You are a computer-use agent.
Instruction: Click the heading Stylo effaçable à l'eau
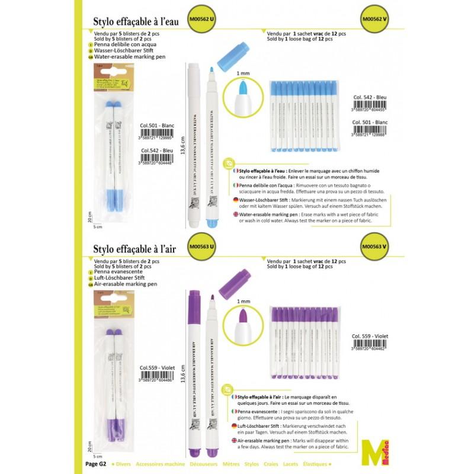pyautogui.click(x=135, y=23)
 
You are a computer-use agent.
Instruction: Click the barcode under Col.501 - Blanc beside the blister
pyautogui.click(x=160, y=134)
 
